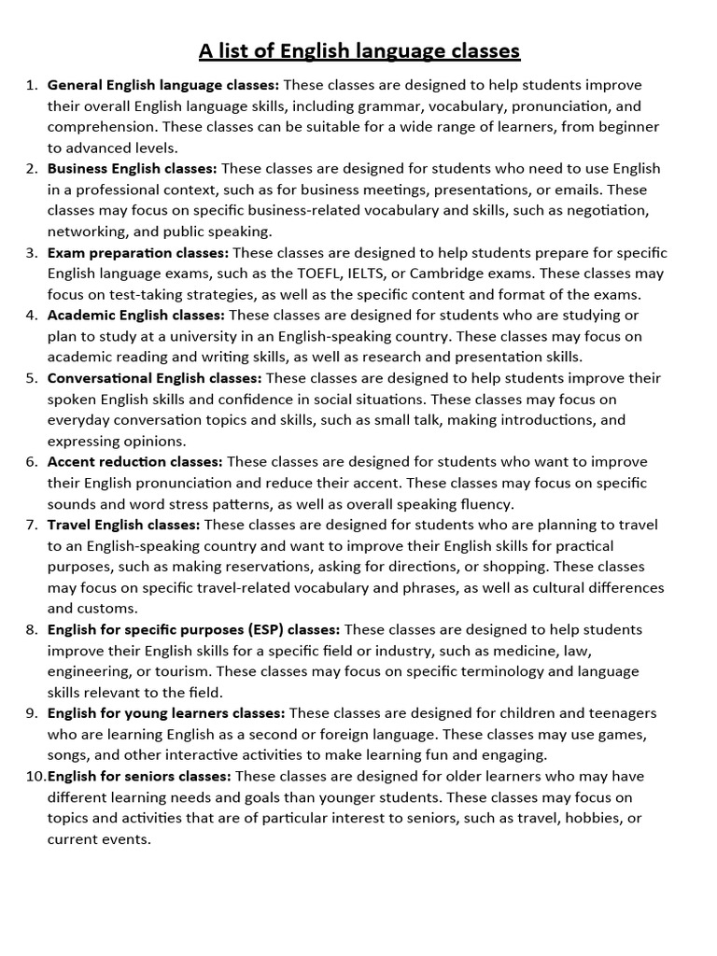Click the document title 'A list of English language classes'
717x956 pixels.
click(358, 49)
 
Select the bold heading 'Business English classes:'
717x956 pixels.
click(132, 168)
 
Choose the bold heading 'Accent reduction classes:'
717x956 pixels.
click(134, 461)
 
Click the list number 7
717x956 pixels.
click(31, 525)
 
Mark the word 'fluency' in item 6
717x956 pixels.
click(484, 503)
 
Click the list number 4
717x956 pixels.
click(31, 316)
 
